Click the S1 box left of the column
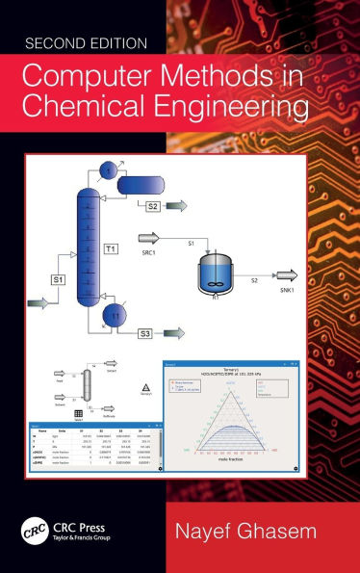[x=58, y=279]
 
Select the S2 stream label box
[x=153, y=205]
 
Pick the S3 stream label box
[x=145, y=333]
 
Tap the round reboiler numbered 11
[x=116, y=315]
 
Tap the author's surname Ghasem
[x=283, y=534]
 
